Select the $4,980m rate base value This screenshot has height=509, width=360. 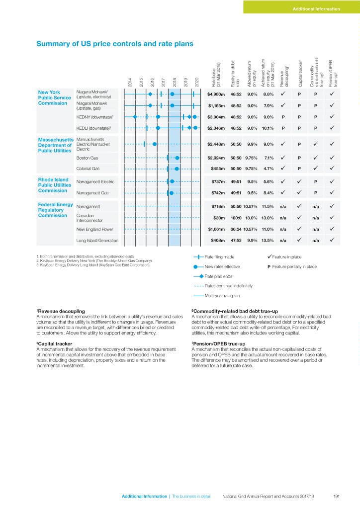[216, 93]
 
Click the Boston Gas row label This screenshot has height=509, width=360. [86, 158]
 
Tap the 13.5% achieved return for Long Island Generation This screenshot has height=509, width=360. [269, 241]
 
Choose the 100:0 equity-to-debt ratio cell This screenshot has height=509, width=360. [236, 217]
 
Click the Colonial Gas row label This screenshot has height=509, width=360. [88, 169]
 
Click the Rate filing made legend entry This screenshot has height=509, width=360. [219, 256]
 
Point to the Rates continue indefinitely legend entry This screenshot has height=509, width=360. [228, 286]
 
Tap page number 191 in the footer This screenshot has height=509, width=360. [337, 496]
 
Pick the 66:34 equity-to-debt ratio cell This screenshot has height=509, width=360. [236, 229]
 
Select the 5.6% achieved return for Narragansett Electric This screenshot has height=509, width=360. [269, 181]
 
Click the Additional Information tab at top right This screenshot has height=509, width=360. [316, 8]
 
